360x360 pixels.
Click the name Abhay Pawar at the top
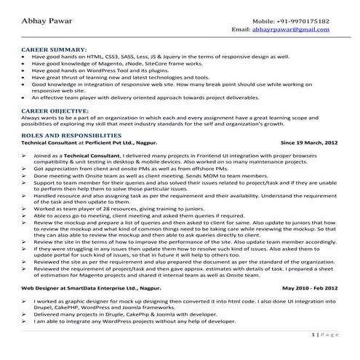(x=43, y=22)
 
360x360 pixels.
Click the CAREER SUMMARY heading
(x=51, y=49)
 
